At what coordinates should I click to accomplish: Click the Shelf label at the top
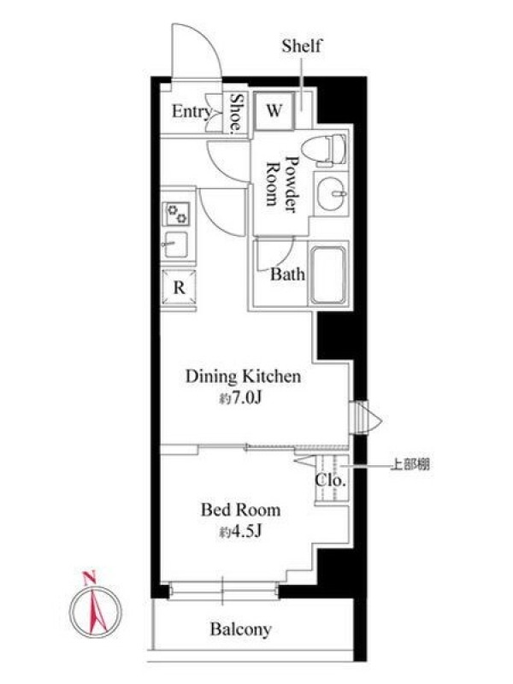coord(302,46)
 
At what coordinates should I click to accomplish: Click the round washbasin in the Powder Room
coord(331,194)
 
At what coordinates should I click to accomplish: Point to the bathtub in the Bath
coord(329,274)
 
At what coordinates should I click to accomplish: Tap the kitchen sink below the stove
coord(175,245)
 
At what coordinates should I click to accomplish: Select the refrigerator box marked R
coord(179,287)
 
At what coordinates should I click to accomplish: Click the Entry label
coord(191,112)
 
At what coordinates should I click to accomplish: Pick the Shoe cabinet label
coord(236,112)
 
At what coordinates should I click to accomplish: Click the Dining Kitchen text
coord(244,376)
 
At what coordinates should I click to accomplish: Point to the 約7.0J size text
coord(240,398)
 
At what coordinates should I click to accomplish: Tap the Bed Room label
coord(240,510)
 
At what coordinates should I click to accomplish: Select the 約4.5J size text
coord(240,532)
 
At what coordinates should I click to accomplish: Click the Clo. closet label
coord(330,481)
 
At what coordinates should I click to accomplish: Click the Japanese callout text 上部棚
coord(410,465)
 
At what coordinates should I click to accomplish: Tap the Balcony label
coord(240,629)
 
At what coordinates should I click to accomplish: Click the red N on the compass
coord(90,578)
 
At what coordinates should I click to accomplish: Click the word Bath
coord(287,274)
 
